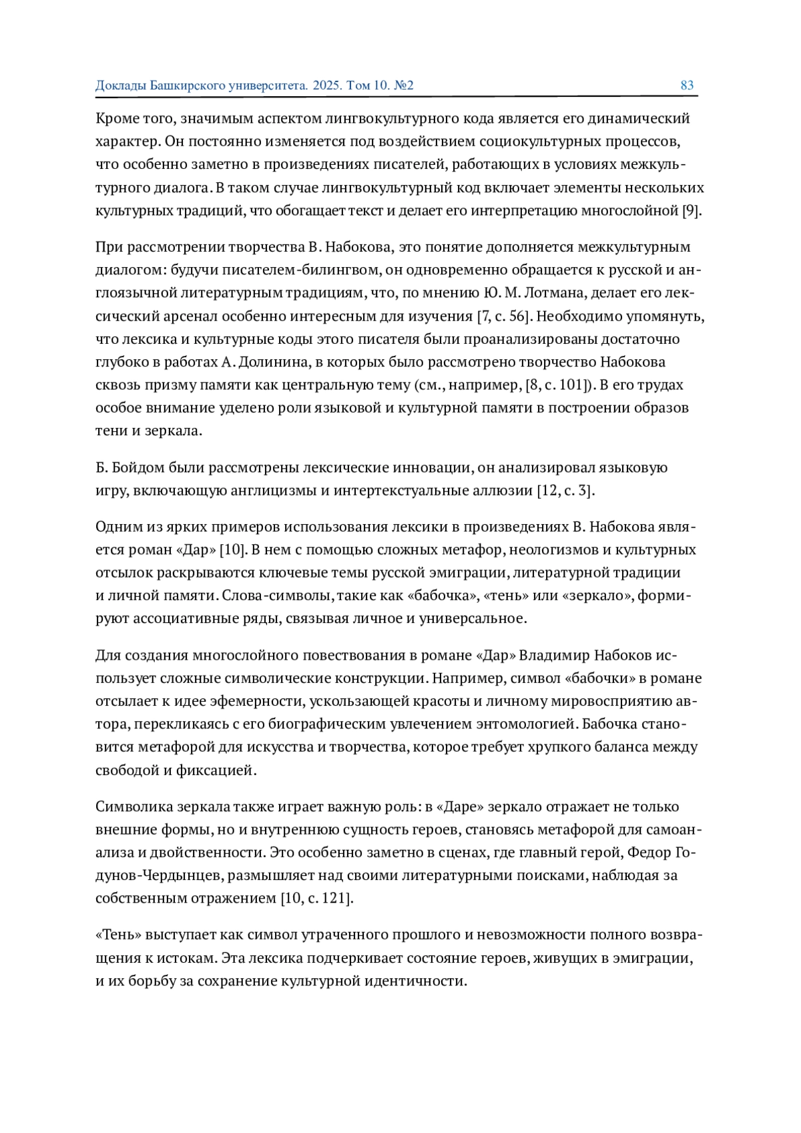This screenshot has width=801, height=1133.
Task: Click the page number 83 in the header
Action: (687, 85)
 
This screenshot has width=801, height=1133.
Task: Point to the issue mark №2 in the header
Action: (404, 85)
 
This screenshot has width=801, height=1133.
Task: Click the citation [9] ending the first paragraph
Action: (691, 212)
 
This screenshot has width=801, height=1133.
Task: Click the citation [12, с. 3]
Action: (565, 491)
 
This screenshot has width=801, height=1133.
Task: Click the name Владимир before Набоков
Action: (553, 656)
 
